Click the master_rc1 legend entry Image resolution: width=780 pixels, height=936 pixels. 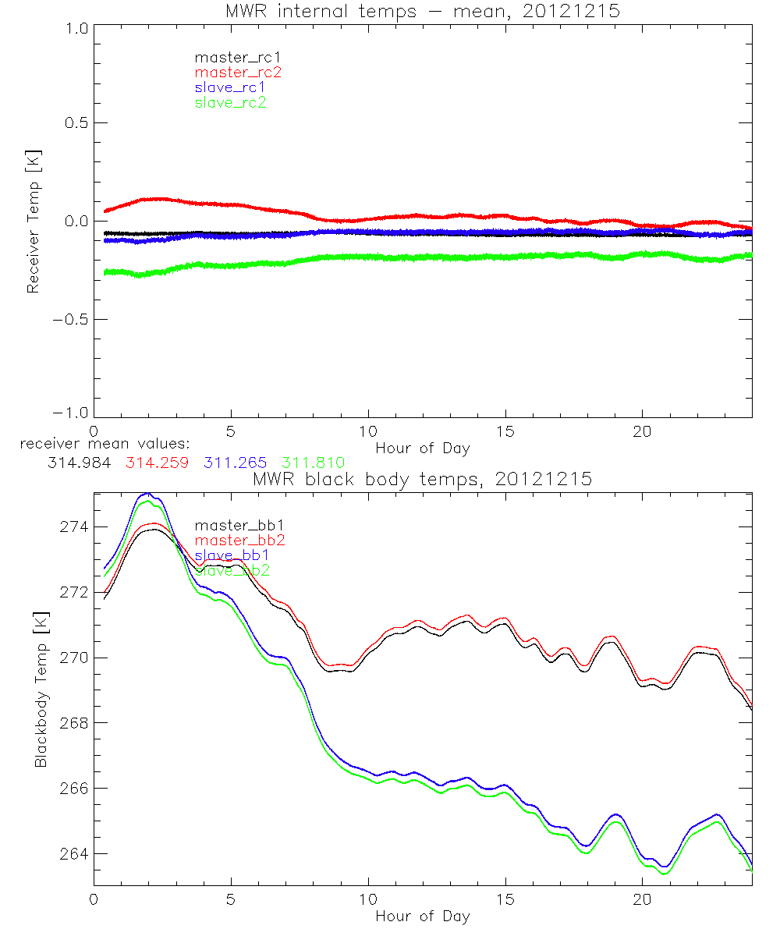click(x=230, y=57)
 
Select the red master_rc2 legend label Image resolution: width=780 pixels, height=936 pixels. click(x=237, y=72)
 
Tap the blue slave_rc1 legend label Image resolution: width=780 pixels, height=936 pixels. click(x=230, y=87)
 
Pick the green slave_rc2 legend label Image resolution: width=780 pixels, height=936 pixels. click(x=230, y=102)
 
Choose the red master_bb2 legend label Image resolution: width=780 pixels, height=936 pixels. click(x=240, y=540)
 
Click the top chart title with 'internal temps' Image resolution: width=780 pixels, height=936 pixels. click(x=422, y=10)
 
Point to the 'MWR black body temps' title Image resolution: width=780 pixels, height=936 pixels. click(x=422, y=480)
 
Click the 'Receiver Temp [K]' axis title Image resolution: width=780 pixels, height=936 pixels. click(x=33, y=222)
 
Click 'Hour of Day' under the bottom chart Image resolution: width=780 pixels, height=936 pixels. click(x=422, y=916)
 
